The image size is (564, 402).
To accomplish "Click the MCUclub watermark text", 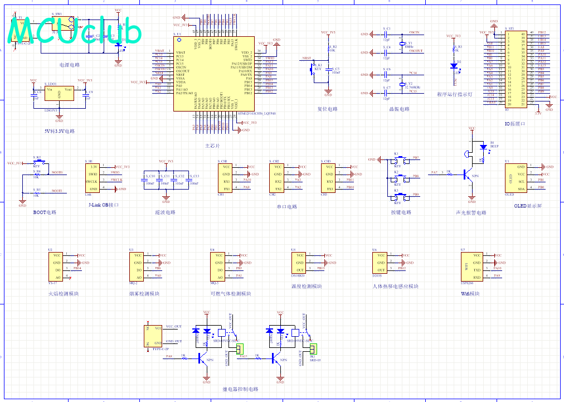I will [75, 32].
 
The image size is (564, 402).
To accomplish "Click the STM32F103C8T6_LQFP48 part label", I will [257, 113].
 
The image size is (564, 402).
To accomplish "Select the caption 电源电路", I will [70, 65].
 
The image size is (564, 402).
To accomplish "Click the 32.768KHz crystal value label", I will [413, 88].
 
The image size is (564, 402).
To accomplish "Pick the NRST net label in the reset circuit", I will [307, 58].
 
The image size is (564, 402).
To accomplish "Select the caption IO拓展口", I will [516, 124].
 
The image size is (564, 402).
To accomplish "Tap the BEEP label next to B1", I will [494, 146].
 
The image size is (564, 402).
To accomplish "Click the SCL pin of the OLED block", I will [521, 181].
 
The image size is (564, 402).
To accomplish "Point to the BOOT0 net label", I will [57, 173].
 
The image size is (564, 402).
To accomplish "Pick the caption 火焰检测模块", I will [63, 293].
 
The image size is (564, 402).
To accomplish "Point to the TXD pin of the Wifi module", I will [477, 270].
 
